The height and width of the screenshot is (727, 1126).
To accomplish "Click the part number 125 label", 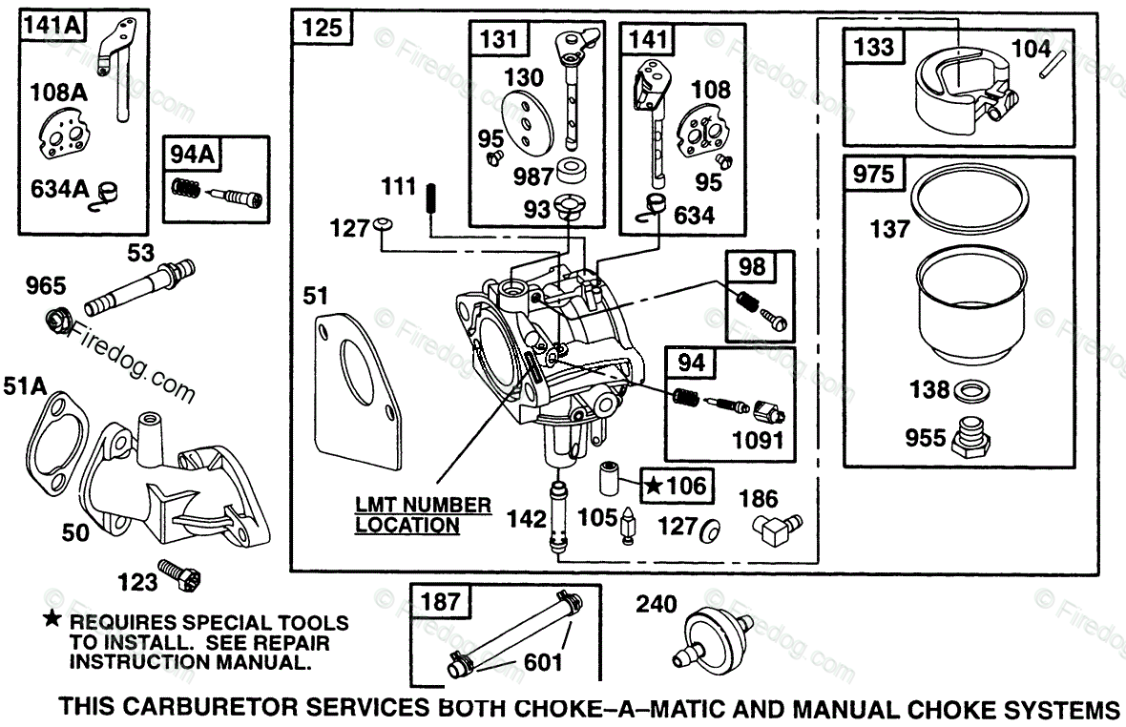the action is [323, 28].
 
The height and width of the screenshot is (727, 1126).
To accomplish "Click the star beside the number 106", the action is [654, 486].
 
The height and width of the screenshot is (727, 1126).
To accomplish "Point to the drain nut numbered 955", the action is [971, 436].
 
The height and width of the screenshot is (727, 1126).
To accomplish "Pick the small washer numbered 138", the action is [971, 391].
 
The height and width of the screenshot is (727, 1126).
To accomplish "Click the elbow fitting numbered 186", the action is [778, 530].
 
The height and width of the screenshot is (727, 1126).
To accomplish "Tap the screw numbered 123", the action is [178, 575].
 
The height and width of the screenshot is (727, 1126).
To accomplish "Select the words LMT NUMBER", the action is [423, 506].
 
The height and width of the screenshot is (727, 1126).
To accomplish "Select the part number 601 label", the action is [543, 662].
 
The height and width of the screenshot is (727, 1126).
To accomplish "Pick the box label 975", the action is [873, 175].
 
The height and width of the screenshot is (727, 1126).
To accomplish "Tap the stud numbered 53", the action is [140, 287].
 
